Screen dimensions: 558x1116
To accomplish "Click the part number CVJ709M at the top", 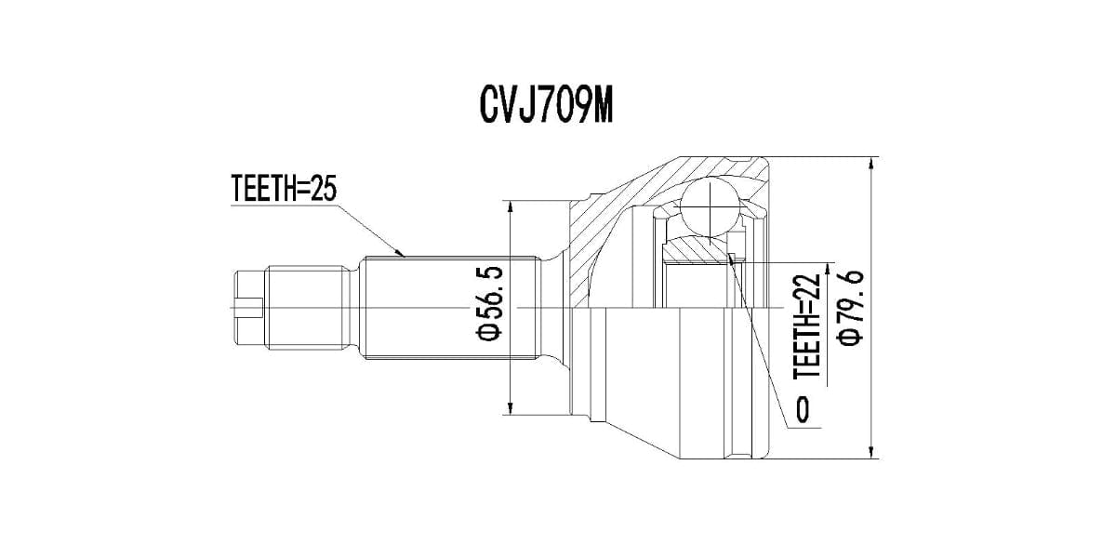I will pyautogui.click(x=546, y=108).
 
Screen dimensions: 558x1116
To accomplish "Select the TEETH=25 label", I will pyautogui.click(x=283, y=190).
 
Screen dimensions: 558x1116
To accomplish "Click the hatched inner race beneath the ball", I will pyautogui.click(x=697, y=248).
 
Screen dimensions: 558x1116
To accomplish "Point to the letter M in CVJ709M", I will pyautogui.click(x=601, y=108).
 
